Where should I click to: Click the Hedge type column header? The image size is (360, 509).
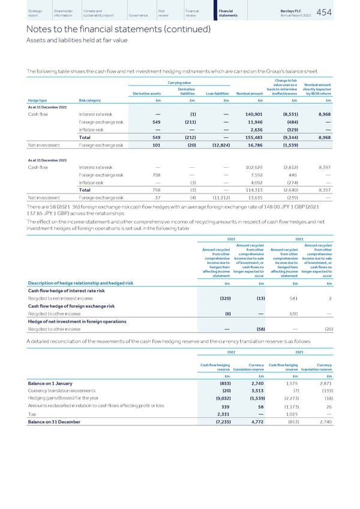(x=21, y=101)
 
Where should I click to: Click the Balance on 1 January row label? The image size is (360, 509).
(x=40, y=382)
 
